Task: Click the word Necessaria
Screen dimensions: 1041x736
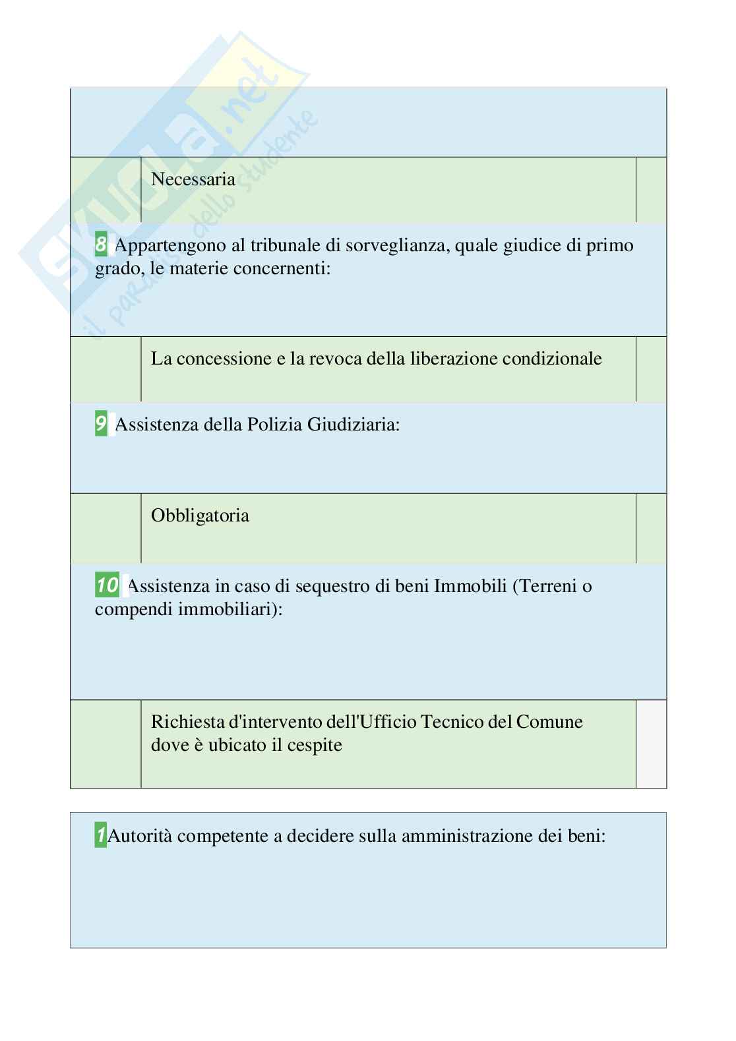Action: pyautogui.click(x=193, y=179)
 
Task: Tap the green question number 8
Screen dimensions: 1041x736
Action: pyautogui.click(x=101, y=245)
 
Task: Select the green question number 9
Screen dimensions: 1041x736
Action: pyautogui.click(x=101, y=424)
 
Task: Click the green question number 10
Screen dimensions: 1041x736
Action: pyautogui.click(x=107, y=585)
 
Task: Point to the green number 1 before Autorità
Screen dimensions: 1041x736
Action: pyautogui.click(x=101, y=836)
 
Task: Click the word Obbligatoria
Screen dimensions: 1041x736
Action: pyautogui.click(x=200, y=516)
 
